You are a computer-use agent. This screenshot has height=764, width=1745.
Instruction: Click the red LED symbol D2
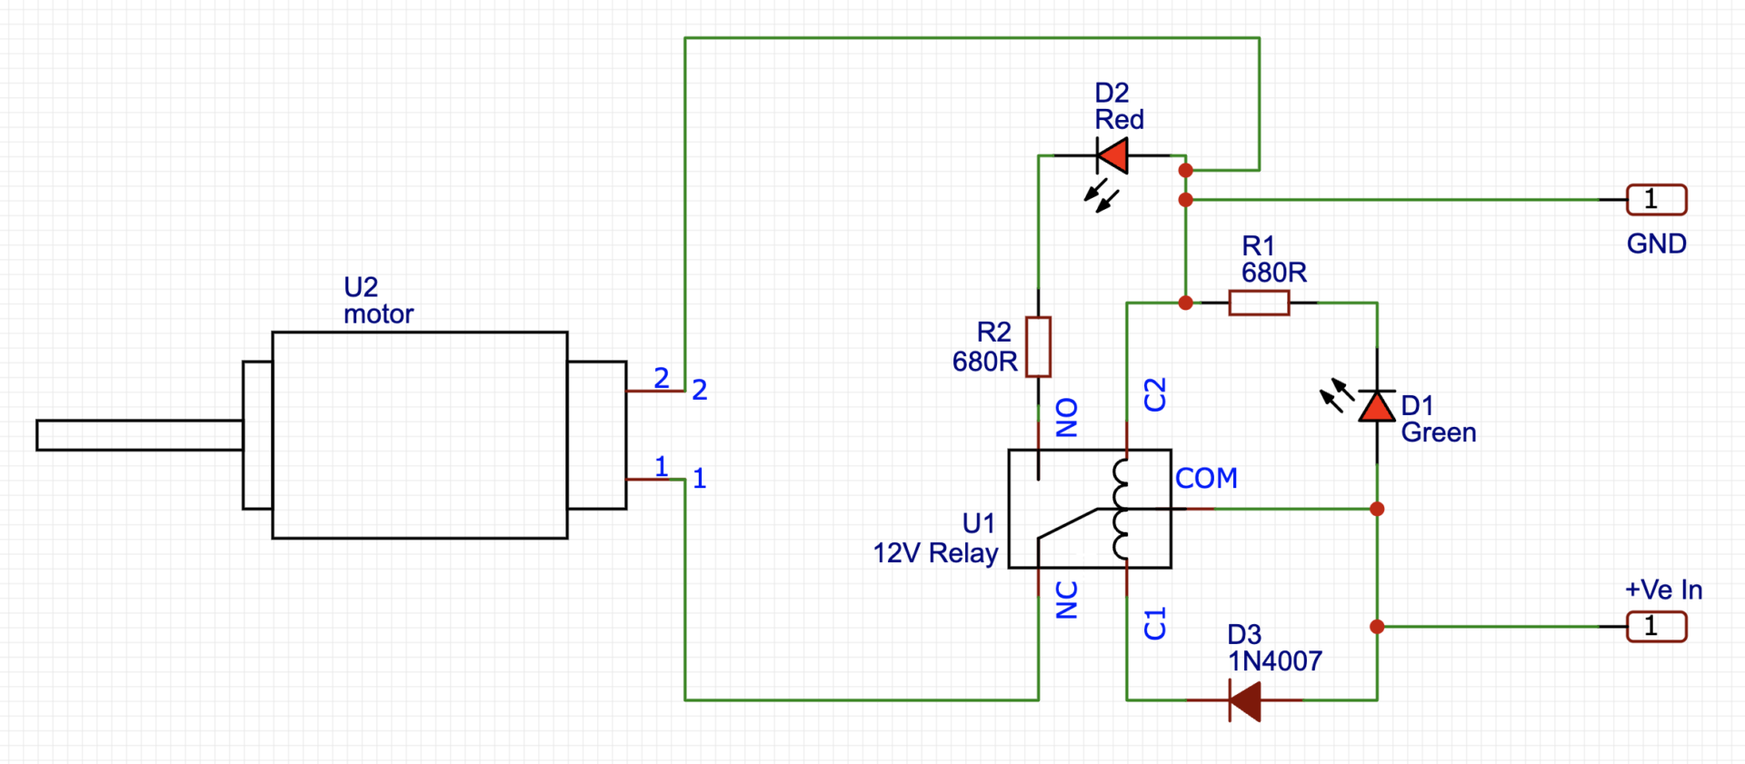[x=1113, y=155]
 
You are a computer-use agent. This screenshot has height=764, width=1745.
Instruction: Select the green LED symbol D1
[x=1377, y=406]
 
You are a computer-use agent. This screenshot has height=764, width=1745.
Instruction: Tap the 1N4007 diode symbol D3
[x=1245, y=700]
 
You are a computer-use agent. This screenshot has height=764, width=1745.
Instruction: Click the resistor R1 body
[x=1259, y=303]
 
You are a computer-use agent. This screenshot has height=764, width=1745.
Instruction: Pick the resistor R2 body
[x=1038, y=346]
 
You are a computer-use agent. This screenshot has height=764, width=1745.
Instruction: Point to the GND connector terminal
[x=1656, y=200]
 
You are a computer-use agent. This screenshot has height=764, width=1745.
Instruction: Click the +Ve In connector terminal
[x=1656, y=627]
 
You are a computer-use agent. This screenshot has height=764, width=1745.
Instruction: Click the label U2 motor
[x=377, y=301]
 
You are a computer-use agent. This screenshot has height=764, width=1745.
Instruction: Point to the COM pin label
[x=1206, y=478]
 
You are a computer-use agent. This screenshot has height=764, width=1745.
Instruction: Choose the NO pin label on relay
[x=1067, y=417]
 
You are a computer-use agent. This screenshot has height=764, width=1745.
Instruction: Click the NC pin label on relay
[x=1067, y=600]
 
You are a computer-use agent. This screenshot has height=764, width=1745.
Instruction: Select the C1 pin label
[x=1154, y=624]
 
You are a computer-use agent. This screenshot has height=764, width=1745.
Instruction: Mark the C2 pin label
[x=1154, y=395]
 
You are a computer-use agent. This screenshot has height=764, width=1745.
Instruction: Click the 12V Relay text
[x=935, y=553]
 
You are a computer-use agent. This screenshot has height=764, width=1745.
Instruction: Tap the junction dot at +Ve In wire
[x=1377, y=627]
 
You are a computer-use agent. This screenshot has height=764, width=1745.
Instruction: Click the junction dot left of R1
[x=1185, y=303]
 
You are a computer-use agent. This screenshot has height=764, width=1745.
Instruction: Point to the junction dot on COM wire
[x=1377, y=509]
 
